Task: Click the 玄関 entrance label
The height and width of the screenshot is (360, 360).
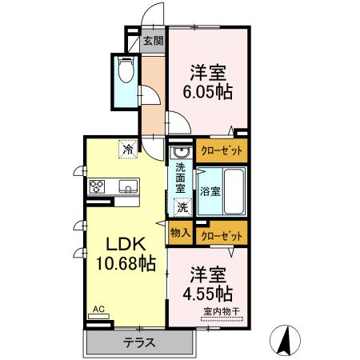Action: pos(153,42)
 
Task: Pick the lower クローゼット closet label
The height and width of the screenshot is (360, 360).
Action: pos(220,235)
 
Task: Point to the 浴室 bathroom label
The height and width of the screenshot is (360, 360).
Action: pos(210,192)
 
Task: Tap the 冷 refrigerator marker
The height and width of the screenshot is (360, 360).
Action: pos(128,147)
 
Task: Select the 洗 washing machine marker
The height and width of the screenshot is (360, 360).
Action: pos(182,206)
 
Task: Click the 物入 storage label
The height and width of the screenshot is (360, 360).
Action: pos(180,234)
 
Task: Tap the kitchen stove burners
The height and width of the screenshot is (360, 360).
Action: pos(98,186)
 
